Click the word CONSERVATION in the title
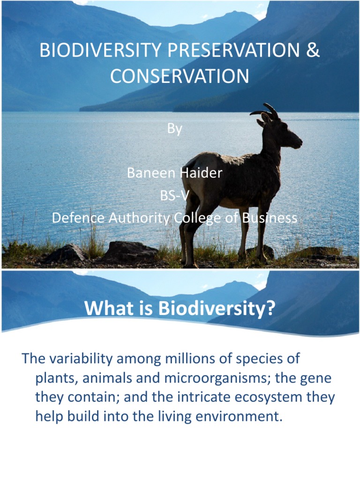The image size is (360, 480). tap(180, 76)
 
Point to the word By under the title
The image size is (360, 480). tap(174, 129)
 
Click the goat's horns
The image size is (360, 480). tap(265, 111)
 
